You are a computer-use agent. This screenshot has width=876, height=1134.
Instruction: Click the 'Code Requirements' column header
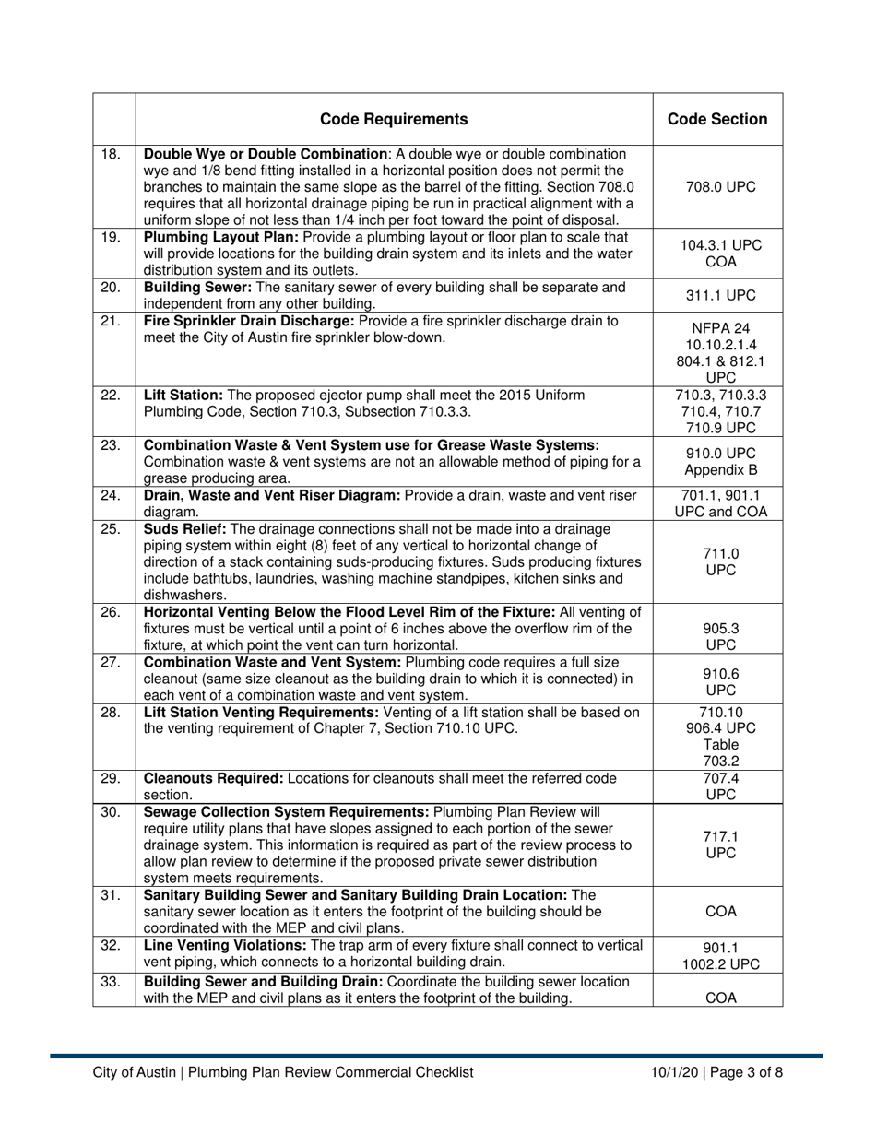pos(394,119)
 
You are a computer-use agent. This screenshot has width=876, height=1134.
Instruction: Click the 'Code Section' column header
pos(717,119)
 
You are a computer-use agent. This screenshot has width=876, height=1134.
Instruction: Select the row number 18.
pos(110,154)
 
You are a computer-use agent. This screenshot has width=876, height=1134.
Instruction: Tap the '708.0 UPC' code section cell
pos(717,186)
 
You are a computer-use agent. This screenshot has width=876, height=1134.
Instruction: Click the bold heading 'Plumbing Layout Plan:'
pos(216,237)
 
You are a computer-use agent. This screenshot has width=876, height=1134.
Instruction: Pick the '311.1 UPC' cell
pos(717,295)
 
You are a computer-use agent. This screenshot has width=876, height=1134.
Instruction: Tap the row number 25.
pos(110,529)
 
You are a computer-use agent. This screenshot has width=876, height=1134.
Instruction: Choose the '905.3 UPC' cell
pos(717,637)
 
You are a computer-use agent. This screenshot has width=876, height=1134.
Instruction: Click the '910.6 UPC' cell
pos(717,681)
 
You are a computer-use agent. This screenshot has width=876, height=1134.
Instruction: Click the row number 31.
pos(110,895)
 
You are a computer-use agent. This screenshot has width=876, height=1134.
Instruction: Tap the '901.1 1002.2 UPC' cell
pos(717,956)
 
